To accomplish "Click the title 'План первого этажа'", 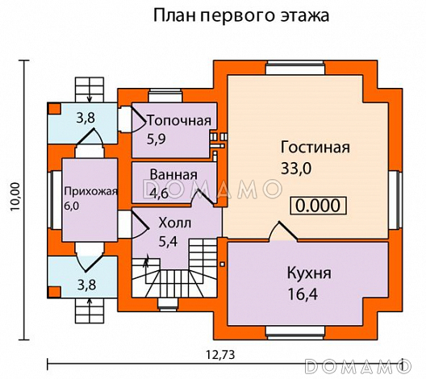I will (x=240, y=16).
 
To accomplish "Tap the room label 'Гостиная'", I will (x=315, y=148).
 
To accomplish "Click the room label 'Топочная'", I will (x=178, y=121).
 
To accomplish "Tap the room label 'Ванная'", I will (x=173, y=175).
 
